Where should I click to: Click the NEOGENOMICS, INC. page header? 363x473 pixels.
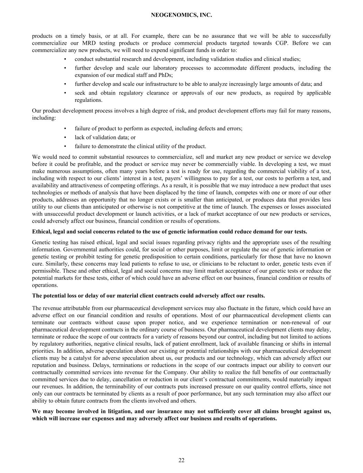tap(181, 15)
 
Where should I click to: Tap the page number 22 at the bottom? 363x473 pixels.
tap(181, 460)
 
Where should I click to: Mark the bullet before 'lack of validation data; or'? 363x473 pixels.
tap(65, 137)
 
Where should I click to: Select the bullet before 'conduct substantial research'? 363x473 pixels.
tap(65, 59)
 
